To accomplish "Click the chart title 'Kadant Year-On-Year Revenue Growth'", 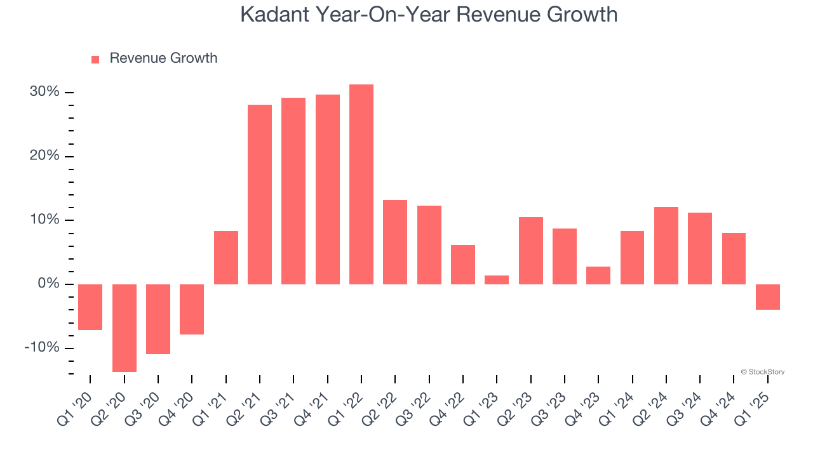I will pos(429,14).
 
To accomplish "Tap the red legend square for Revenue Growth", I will pos(95,59).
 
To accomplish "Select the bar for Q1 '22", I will pos(361,184).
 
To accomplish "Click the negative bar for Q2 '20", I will pos(124,328).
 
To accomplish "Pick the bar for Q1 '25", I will pos(768,296).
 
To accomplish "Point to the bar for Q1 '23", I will pos(497,279).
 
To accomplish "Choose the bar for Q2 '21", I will pos(260,194).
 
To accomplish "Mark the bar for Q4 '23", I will pos(598,275).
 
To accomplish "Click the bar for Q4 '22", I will pos(463,264).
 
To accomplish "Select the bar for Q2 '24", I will pos(666,245).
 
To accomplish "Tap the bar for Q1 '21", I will pos(226,257).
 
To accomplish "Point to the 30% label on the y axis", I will pos(44,92).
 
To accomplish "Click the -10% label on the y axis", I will pos(41,348).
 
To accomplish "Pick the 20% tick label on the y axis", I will pos(44,156).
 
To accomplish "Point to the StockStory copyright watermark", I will pos(762,372).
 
